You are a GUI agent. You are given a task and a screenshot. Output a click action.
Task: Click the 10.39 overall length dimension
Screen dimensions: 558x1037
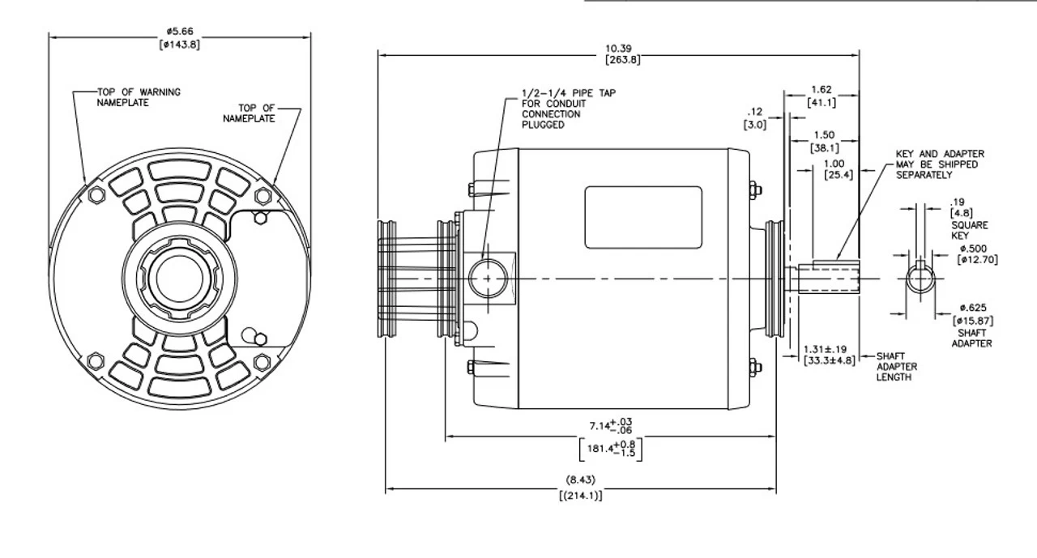click(618, 49)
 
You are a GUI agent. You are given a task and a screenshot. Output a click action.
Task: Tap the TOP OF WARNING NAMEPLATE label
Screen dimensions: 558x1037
click(139, 97)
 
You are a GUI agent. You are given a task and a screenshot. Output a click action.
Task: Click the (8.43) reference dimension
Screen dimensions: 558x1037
click(580, 479)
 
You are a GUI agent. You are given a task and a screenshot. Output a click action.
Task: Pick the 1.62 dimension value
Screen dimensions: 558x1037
click(821, 90)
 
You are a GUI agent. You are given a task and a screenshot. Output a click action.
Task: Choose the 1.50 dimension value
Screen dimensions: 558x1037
click(825, 135)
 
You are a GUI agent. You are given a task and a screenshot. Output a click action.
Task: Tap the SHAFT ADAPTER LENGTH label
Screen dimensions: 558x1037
click(896, 366)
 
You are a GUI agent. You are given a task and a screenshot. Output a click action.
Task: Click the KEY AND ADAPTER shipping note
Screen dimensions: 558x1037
click(939, 164)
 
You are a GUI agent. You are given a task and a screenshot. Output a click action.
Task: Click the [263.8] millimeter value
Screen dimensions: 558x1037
click(618, 60)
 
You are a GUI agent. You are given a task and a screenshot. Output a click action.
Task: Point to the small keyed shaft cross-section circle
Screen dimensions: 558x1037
click(920, 280)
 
